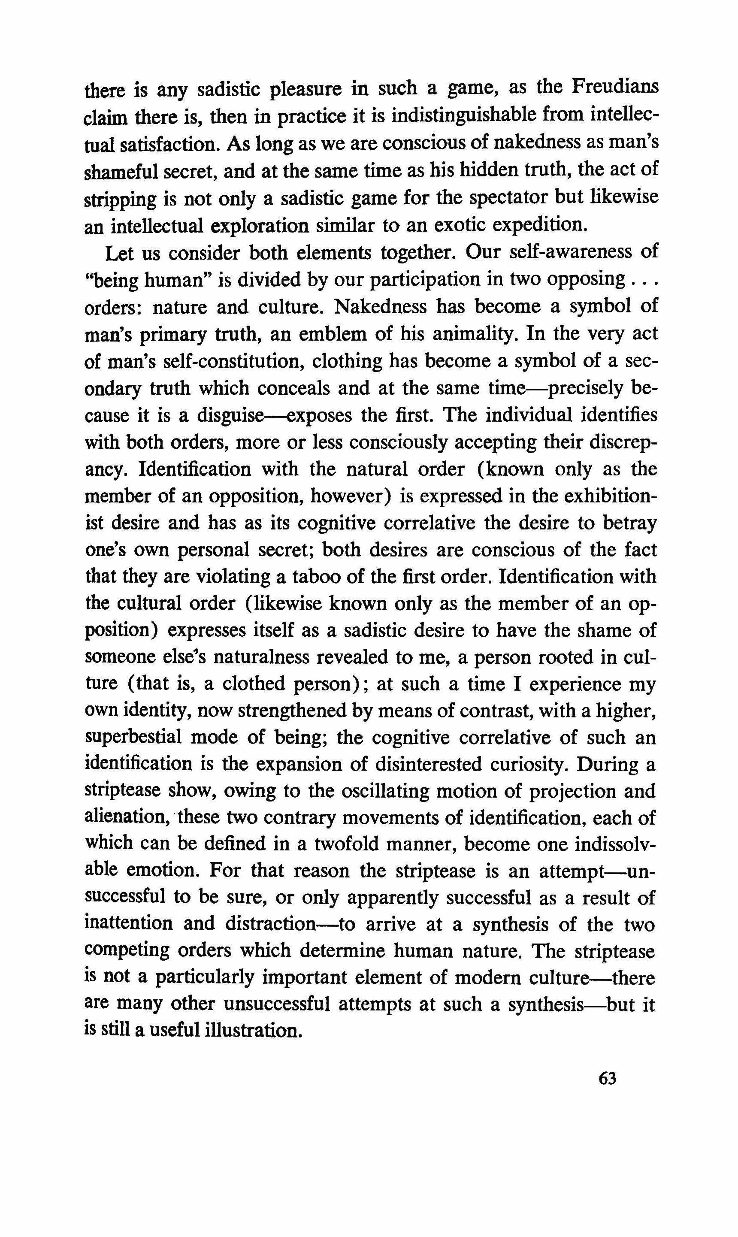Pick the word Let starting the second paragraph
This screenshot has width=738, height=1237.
pos(119,253)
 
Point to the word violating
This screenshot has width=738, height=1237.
pos(234,577)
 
